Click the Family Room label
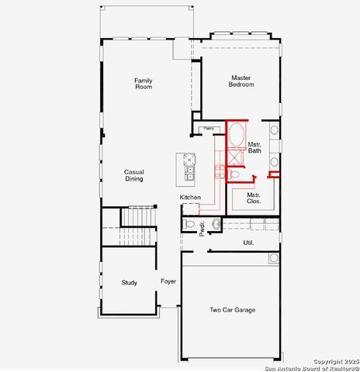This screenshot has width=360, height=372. click(x=143, y=84)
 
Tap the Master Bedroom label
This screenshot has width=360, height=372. click(x=239, y=81)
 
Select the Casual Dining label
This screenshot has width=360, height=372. click(x=133, y=175)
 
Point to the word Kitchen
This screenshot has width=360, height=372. click(x=190, y=198)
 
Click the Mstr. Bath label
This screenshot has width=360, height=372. click(x=254, y=147)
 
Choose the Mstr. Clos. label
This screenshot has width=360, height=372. click(x=254, y=198)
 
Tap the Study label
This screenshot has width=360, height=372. click(x=130, y=283)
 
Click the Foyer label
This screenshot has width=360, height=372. click(x=168, y=281)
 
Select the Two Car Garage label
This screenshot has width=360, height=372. click(x=233, y=310)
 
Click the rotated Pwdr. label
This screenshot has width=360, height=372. click(x=202, y=229)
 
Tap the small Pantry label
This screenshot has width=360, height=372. click(x=208, y=129)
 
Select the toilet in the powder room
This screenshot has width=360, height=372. click(x=190, y=224)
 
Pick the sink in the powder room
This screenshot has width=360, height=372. click(x=216, y=225)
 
